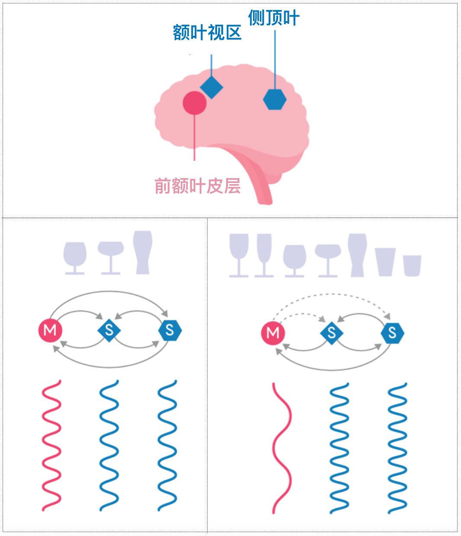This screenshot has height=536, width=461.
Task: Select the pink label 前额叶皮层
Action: tap(197, 186)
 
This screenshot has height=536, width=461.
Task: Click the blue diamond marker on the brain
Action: tap(211, 87)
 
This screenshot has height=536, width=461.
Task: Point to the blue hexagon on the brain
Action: tap(275, 99)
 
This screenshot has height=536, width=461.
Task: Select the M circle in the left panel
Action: tap(50, 331)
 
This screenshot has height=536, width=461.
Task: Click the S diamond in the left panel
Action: tap(109, 331)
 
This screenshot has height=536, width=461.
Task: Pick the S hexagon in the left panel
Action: tap(170, 331)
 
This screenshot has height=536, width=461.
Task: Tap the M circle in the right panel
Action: tap(273, 333)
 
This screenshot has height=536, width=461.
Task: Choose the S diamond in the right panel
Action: tap(332, 333)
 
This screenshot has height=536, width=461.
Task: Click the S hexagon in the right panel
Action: tap(392, 333)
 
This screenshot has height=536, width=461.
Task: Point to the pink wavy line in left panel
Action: tap(51, 445)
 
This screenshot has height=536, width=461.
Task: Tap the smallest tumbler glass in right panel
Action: tap(412, 265)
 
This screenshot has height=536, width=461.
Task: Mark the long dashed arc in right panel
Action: tap(333, 294)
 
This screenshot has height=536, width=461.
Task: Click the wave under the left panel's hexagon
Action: tap(167, 445)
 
